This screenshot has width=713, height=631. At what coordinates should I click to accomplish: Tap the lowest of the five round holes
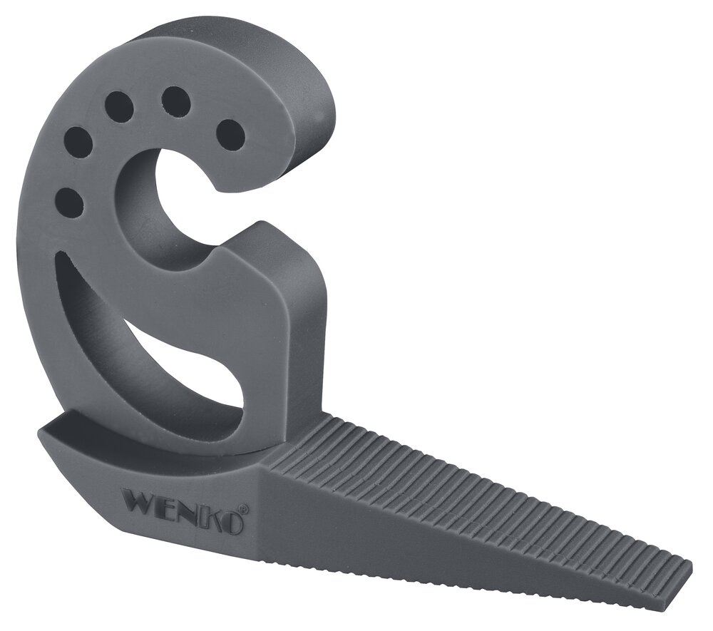tap(69, 202)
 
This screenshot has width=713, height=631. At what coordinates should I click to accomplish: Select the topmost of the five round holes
tap(173, 100)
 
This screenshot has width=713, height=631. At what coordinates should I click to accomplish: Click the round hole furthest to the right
tap(230, 133)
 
